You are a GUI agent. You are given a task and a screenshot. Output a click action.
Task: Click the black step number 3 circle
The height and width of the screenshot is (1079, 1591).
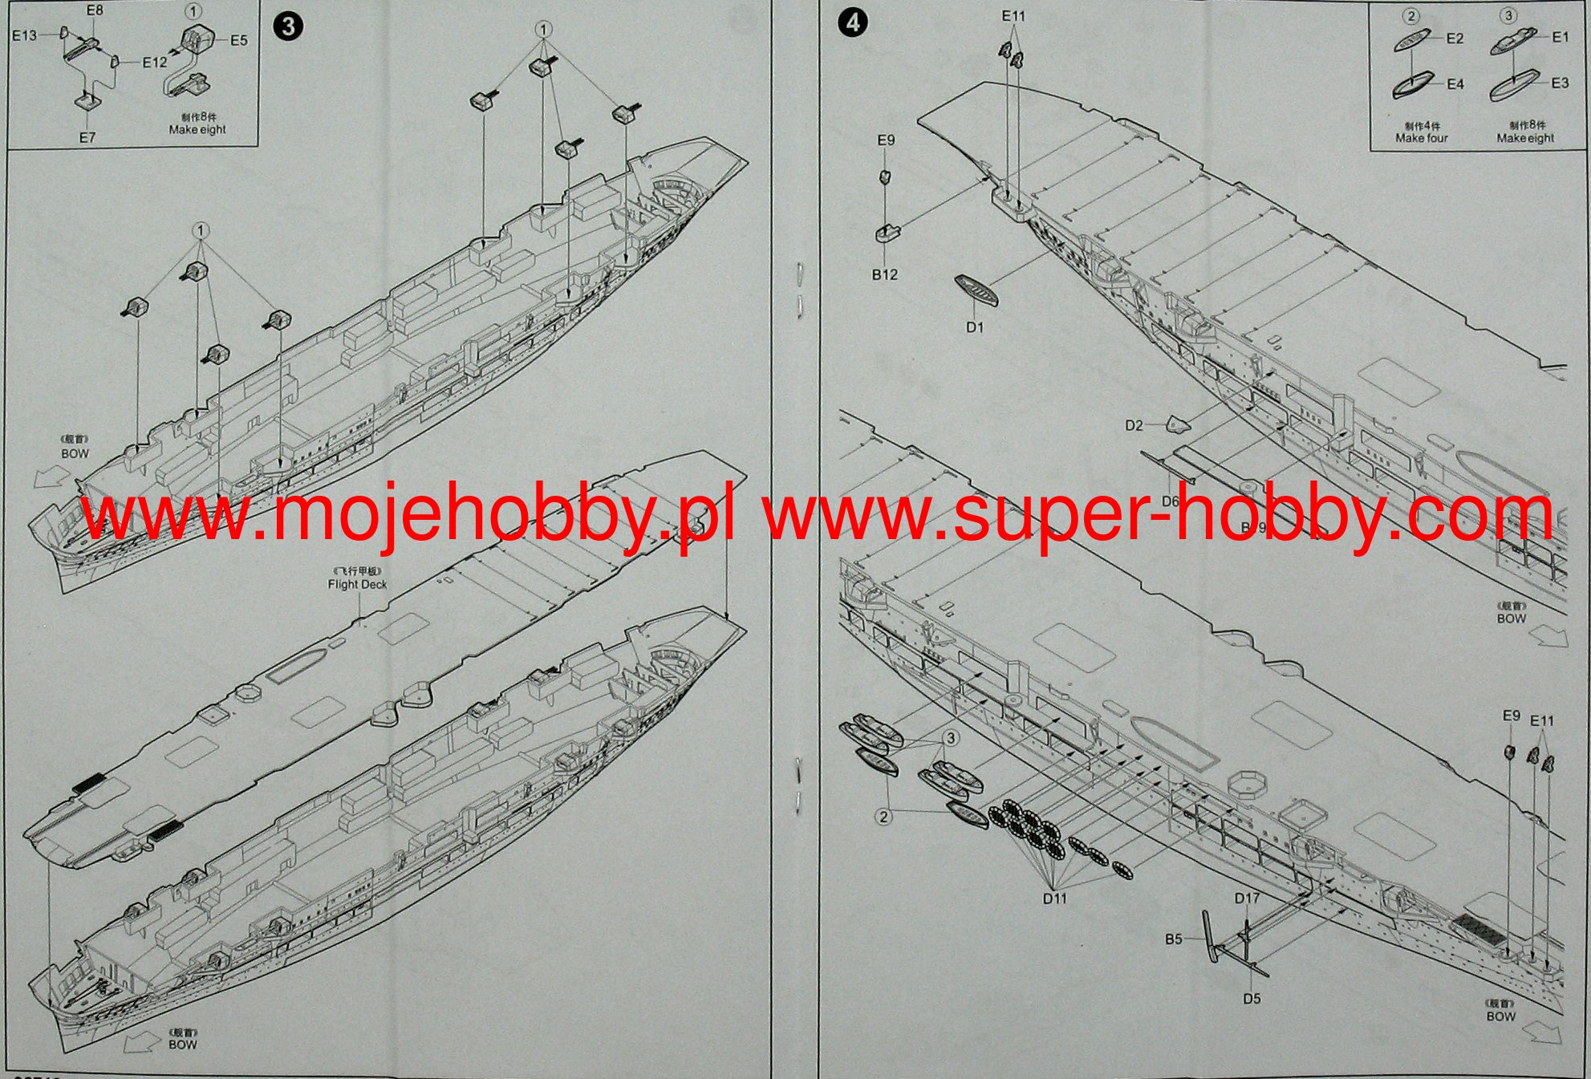[288, 26]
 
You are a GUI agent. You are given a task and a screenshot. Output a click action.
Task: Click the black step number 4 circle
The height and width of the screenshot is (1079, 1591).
[852, 22]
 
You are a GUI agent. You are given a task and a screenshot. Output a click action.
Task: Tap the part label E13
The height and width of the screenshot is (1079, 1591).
[25, 35]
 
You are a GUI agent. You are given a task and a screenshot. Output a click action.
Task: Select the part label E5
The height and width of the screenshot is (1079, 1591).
[239, 40]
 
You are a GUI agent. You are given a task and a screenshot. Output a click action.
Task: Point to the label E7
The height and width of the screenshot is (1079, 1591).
[87, 137]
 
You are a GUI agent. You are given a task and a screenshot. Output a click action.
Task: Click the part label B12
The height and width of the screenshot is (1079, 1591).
[885, 274]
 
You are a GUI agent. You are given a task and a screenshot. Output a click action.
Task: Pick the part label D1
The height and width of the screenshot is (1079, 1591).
[975, 327]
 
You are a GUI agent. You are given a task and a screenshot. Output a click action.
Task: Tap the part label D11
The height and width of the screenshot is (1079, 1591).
[1055, 898]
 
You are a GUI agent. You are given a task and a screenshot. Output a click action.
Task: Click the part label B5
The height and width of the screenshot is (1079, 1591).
[1174, 939]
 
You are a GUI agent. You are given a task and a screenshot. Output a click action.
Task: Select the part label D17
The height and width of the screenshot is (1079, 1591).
[1247, 898]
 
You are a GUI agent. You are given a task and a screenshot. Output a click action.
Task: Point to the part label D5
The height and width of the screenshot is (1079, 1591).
[1252, 999]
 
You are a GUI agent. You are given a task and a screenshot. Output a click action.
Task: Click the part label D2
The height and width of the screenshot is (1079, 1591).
[1134, 425]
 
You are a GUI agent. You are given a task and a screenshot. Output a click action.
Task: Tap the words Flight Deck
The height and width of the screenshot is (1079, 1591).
[357, 584]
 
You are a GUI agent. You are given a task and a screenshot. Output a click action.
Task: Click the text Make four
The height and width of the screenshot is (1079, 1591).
[1421, 138]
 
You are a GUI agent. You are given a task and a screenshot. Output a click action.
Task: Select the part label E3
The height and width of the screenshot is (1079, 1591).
[1560, 83]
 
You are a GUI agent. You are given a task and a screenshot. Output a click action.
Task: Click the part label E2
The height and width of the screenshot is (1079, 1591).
[1455, 39]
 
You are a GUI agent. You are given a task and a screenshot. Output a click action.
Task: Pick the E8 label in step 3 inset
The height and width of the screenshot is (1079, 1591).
[95, 10]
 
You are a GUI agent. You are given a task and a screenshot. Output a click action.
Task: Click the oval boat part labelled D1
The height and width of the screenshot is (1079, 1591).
[976, 291]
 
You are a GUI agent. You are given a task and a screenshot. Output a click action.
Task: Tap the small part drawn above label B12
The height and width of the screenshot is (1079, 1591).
[887, 233]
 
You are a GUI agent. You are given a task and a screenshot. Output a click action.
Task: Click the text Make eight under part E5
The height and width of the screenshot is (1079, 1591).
[197, 129]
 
